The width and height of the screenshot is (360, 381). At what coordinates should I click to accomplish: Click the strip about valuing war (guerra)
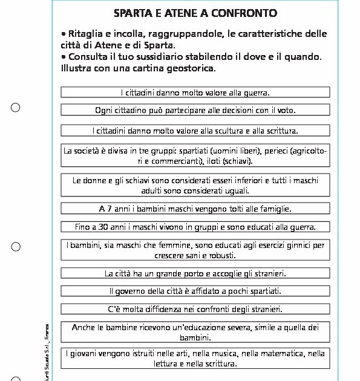click(195, 93)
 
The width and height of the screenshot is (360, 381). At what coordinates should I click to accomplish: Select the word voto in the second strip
click(285, 110)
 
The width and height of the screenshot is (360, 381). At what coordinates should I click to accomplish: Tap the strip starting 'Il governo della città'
click(195, 291)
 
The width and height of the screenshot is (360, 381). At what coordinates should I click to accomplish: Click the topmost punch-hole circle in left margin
click(16, 108)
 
